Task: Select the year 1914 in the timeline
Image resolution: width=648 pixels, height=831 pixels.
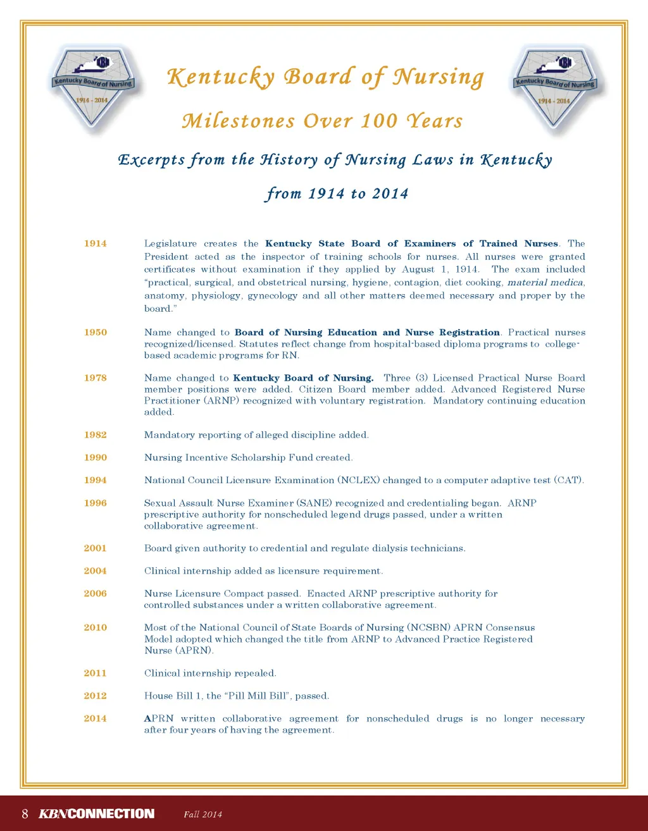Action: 95,243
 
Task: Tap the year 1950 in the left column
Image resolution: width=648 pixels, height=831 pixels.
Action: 95,333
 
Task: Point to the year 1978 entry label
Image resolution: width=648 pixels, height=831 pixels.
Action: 95,378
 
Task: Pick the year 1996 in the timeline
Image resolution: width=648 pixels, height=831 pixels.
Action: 95,503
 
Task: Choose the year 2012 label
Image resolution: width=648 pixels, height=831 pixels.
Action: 95,696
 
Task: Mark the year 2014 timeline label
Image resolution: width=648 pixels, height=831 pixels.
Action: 95,718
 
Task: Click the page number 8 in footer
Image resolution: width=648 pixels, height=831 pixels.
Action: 25,814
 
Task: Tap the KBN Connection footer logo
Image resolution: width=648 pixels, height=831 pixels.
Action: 96,814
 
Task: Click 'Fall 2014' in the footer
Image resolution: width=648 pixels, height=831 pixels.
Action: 202,815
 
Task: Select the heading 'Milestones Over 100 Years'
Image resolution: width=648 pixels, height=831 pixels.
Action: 322,121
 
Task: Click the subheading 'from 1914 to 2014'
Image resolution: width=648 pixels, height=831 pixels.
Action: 337,193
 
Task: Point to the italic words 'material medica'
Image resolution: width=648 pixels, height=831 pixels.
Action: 545,283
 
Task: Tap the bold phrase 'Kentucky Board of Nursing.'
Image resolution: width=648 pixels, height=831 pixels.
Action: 303,378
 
